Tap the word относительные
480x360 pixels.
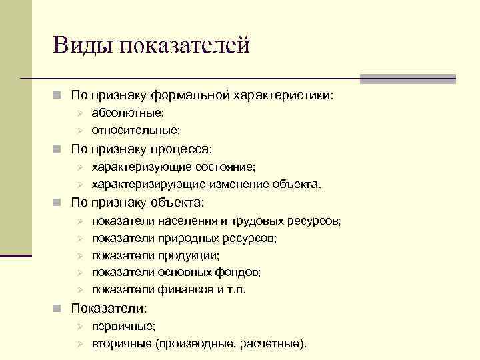point(135,130)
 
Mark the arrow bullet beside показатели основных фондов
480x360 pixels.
point(78,273)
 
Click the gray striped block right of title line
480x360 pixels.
point(407,79)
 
